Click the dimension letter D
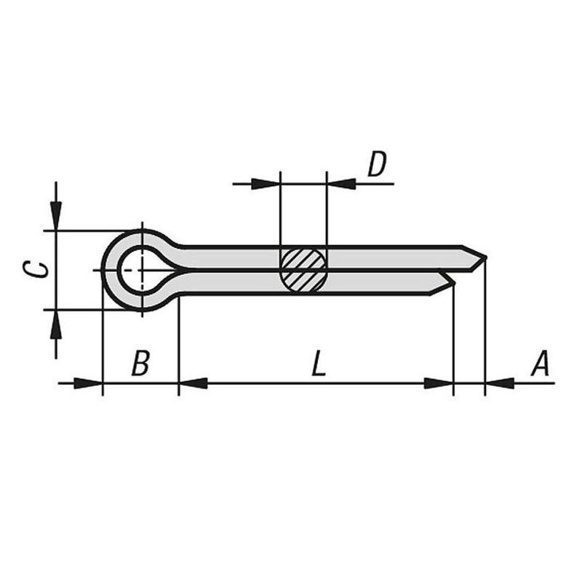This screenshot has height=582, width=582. point(377,166)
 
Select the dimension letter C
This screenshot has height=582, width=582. point(42,269)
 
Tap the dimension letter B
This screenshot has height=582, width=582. point(140,363)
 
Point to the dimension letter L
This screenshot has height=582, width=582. point(317,363)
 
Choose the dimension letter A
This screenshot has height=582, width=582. point(539,363)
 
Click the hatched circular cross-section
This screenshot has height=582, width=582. point(303,270)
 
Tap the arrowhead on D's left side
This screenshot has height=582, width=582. point(266,183)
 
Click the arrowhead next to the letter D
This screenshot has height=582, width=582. point(341,183)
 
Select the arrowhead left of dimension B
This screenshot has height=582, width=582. point(88,383)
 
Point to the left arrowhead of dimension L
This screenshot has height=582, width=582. point(193,383)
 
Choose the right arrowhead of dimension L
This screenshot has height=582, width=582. point(439,383)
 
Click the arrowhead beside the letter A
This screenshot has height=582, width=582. point(500,383)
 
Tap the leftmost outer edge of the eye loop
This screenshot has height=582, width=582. point(103,270)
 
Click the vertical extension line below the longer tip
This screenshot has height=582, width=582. point(485,327)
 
